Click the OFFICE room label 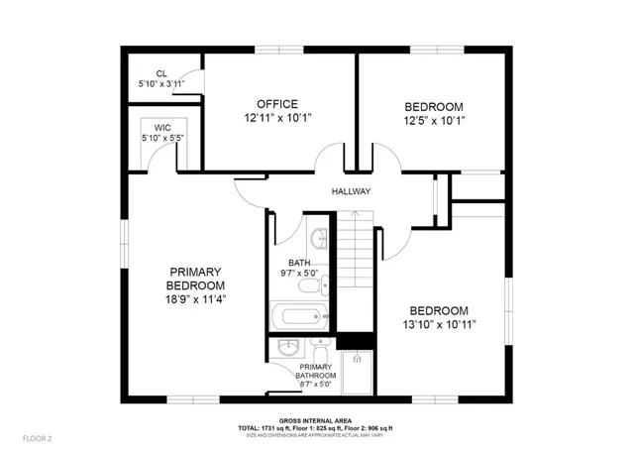(277, 104)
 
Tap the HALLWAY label (351, 192)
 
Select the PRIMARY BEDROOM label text (194, 279)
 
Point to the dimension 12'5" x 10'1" (434, 121)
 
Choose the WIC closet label (162, 128)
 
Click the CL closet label (160, 73)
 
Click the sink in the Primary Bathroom (288, 349)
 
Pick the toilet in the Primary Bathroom (320, 353)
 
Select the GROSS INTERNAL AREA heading (315, 420)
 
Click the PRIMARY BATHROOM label (317, 371)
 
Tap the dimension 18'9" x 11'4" (194, 298)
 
